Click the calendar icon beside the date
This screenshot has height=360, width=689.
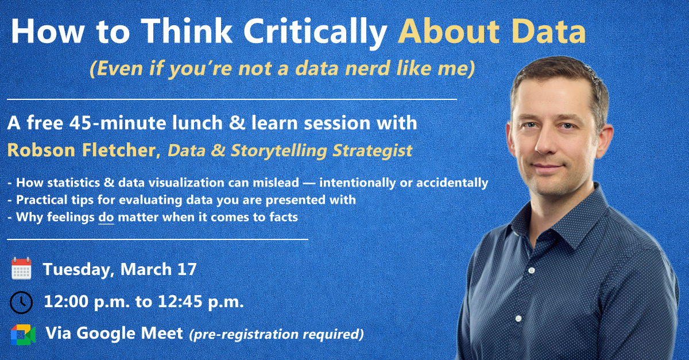click(x=21, y=268)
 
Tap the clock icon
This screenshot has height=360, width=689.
click(x=21, y=302)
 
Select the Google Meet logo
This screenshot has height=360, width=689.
click(x=23, y=335)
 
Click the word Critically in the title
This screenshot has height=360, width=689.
click(x=315, y=32)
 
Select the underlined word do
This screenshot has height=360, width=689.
click(x=106, y=217)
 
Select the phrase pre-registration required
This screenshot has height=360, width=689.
click(x=277, y=334)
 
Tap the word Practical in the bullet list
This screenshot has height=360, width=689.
click(x=42, y=200)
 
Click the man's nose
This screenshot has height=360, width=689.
click(x=546, y=142)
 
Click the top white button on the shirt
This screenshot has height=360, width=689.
click(x=532, y=270)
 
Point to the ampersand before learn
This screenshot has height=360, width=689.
click(x=237, y=123)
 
